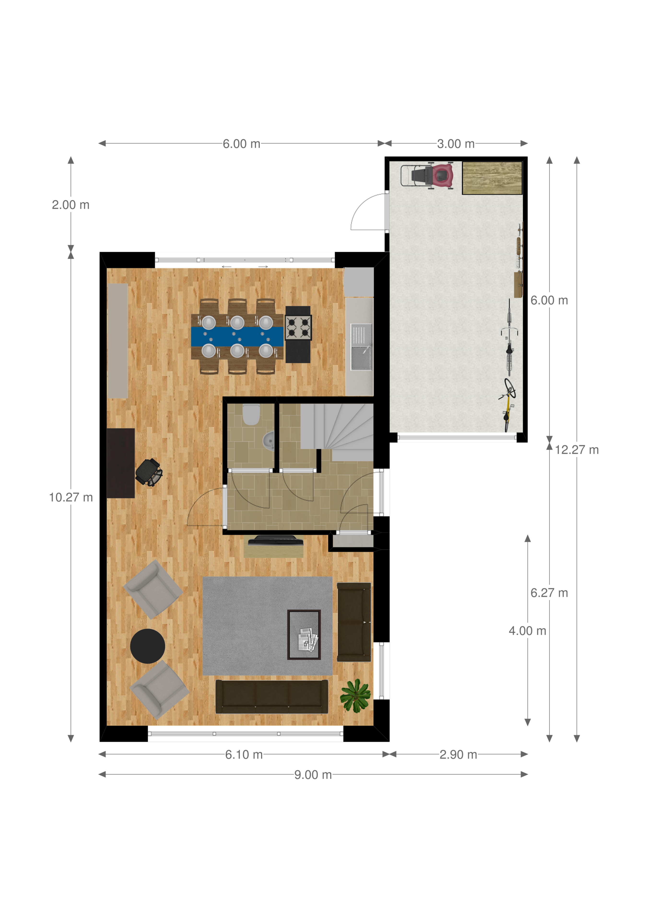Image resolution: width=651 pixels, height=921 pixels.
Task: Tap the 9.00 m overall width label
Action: pos(313,775)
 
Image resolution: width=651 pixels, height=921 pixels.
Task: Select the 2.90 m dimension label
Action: pos(458,755)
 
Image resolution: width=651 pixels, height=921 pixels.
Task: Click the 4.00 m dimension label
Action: pos(528,631)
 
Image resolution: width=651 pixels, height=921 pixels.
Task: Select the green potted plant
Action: pos(355,695)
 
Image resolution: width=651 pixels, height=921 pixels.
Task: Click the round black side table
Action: pos(148,646)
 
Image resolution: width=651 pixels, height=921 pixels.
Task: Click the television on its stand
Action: pos(275,540)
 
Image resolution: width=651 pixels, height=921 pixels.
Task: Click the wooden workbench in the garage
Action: pos(492,178)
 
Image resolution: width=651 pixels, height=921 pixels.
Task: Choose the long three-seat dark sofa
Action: pos(272,696)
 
